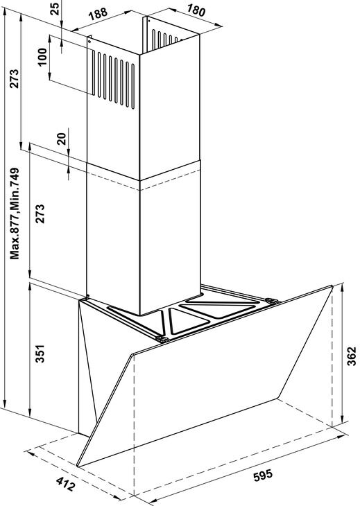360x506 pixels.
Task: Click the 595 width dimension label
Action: [x=263, y=475]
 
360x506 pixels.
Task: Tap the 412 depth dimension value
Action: [x=65, y=484]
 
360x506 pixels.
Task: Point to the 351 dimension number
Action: [x=40, y=354]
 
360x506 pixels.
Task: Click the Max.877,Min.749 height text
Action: [x=15, y=213]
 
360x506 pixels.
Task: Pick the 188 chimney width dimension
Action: [x=98, y=14]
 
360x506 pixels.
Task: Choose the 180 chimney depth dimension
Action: [x=196, y=10]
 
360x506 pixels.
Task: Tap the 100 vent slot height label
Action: [x=42, y=57]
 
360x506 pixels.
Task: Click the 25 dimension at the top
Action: [x=55, y=9]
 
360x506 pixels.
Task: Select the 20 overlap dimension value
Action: [x=62, y=139]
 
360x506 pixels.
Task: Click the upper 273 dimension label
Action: [x=14, y=78]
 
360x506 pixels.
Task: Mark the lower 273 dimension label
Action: [x=40, y=213]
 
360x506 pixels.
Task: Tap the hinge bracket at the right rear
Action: [x=272, y=301]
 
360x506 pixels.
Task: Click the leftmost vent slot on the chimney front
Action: [x=94, y=73]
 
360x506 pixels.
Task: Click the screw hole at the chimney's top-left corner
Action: [x=89, y=41]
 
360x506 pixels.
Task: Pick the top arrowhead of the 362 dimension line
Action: [x=342, y=288]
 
